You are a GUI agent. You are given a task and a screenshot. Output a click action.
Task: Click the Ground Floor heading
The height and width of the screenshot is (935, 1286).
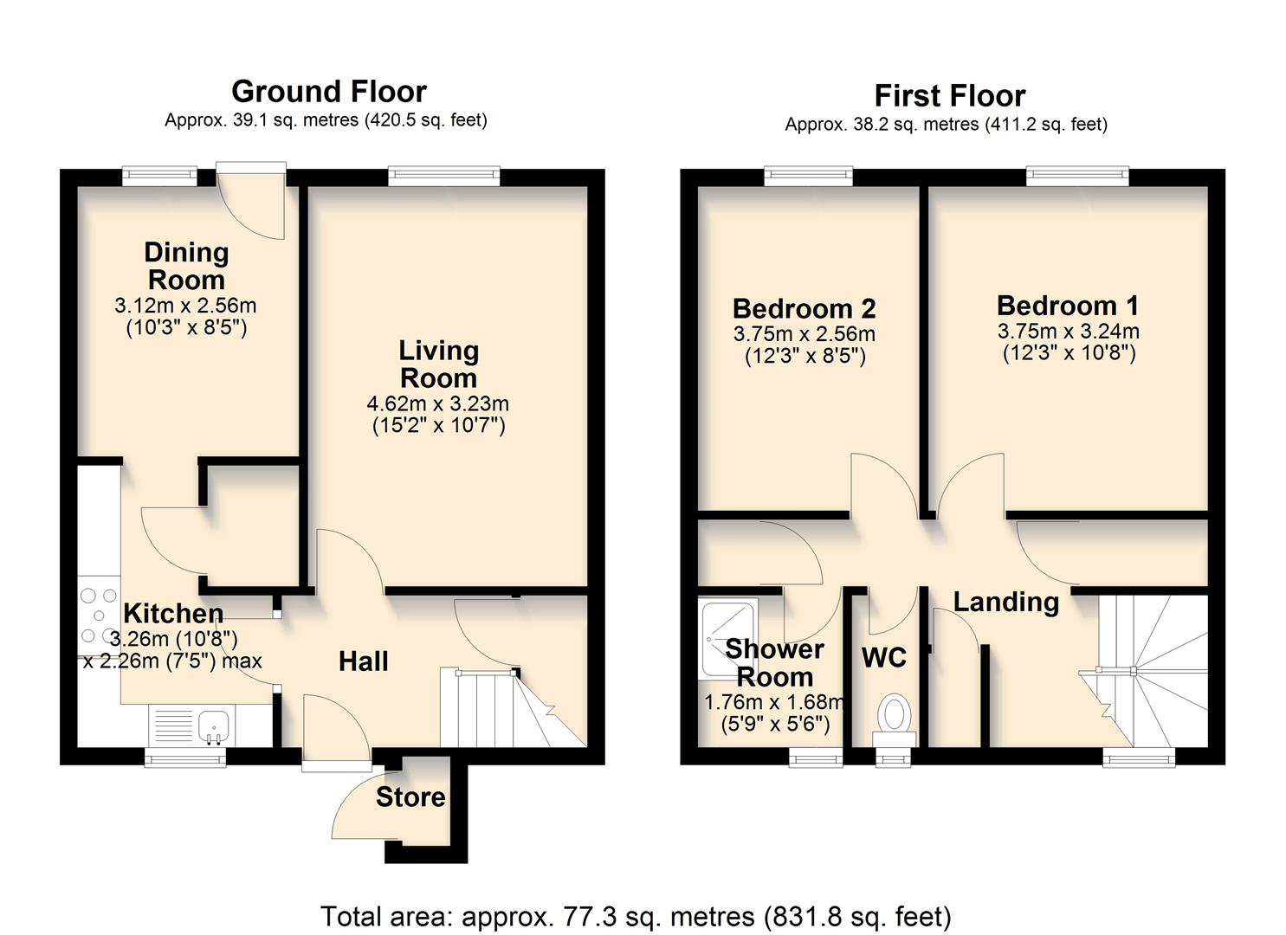328,91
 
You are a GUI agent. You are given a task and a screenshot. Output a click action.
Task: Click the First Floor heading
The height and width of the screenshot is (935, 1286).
949,95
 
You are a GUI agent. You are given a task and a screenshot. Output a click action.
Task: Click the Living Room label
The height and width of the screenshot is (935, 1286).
438,364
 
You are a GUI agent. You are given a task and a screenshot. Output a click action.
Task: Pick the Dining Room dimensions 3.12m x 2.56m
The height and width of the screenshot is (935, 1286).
185,306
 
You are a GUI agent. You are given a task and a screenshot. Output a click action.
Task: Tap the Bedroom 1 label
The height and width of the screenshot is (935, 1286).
1068,306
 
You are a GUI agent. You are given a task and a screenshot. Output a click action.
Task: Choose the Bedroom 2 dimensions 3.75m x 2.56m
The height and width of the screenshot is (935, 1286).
804,334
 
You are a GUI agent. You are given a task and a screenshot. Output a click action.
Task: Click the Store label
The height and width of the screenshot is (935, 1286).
410,796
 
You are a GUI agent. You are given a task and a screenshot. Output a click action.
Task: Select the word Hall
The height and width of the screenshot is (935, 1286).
363,661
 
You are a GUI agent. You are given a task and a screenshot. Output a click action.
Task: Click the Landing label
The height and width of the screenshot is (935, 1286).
1006,601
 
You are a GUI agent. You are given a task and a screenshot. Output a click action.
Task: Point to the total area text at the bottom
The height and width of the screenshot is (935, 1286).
636,916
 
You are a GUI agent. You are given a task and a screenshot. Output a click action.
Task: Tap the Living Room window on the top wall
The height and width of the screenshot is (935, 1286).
444,177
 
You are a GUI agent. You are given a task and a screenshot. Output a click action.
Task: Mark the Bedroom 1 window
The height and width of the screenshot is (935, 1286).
1077,177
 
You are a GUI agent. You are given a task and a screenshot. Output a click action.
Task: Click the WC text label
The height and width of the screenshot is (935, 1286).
884,658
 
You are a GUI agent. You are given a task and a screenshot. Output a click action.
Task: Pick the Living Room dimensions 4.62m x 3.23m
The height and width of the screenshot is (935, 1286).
438,403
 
